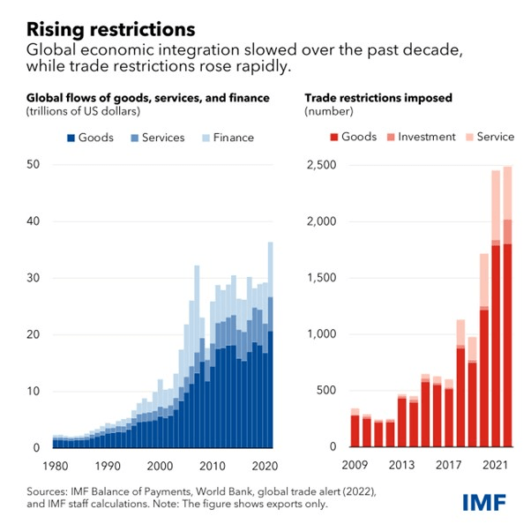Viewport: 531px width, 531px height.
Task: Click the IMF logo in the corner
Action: click(x=484, y=502)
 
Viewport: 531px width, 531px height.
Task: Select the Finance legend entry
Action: click(x=227, y=137)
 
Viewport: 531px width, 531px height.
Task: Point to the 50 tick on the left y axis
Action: click(x=34, y=165)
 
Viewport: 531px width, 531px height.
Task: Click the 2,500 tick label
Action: click(x=318, y=165)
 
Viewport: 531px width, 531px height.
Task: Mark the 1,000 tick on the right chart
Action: click(x=318, y=334)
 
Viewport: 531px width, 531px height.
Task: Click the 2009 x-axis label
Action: click(x=355, y=465)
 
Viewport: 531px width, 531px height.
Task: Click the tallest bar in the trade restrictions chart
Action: click(x=507, y=309)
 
